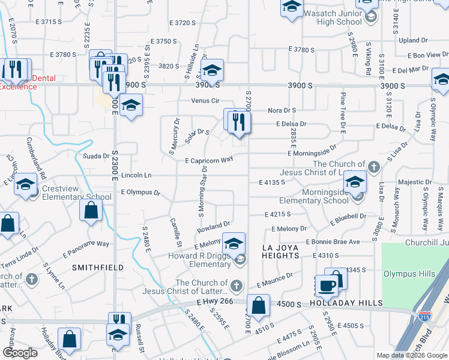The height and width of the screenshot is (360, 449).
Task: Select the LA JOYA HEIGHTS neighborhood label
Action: (x=281, y=251)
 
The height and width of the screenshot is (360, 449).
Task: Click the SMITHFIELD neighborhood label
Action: (x=98, y=267)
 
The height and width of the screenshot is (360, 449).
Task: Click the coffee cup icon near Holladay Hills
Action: (x=326, y=286)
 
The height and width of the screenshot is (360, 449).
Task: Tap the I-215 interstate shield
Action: (x=421, y=314)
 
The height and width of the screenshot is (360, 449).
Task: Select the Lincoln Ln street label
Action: (x=136, y=175)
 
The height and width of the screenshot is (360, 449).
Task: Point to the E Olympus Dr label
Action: (x=140, y=193)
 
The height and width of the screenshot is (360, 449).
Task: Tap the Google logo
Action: (x=20, y=353)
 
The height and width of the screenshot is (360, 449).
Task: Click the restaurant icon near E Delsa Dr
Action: (x=239, y=122)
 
